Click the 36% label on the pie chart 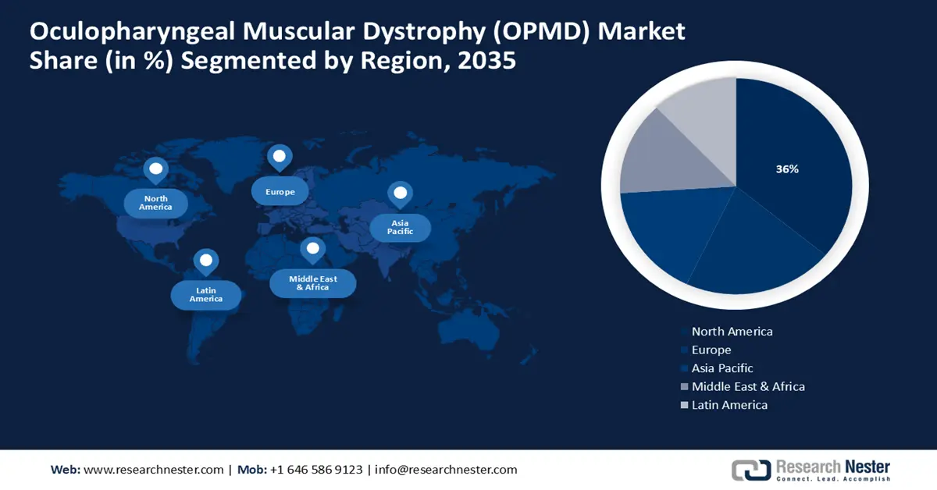787,169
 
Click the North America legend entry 732,332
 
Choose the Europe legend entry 711,350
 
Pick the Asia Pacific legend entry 721,368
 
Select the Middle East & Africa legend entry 747,386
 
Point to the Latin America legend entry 729,405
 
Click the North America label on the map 155,203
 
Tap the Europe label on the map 280,191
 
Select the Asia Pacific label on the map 400,227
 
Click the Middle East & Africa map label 312,282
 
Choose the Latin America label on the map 205,295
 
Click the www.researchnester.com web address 153,470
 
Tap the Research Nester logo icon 750,470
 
